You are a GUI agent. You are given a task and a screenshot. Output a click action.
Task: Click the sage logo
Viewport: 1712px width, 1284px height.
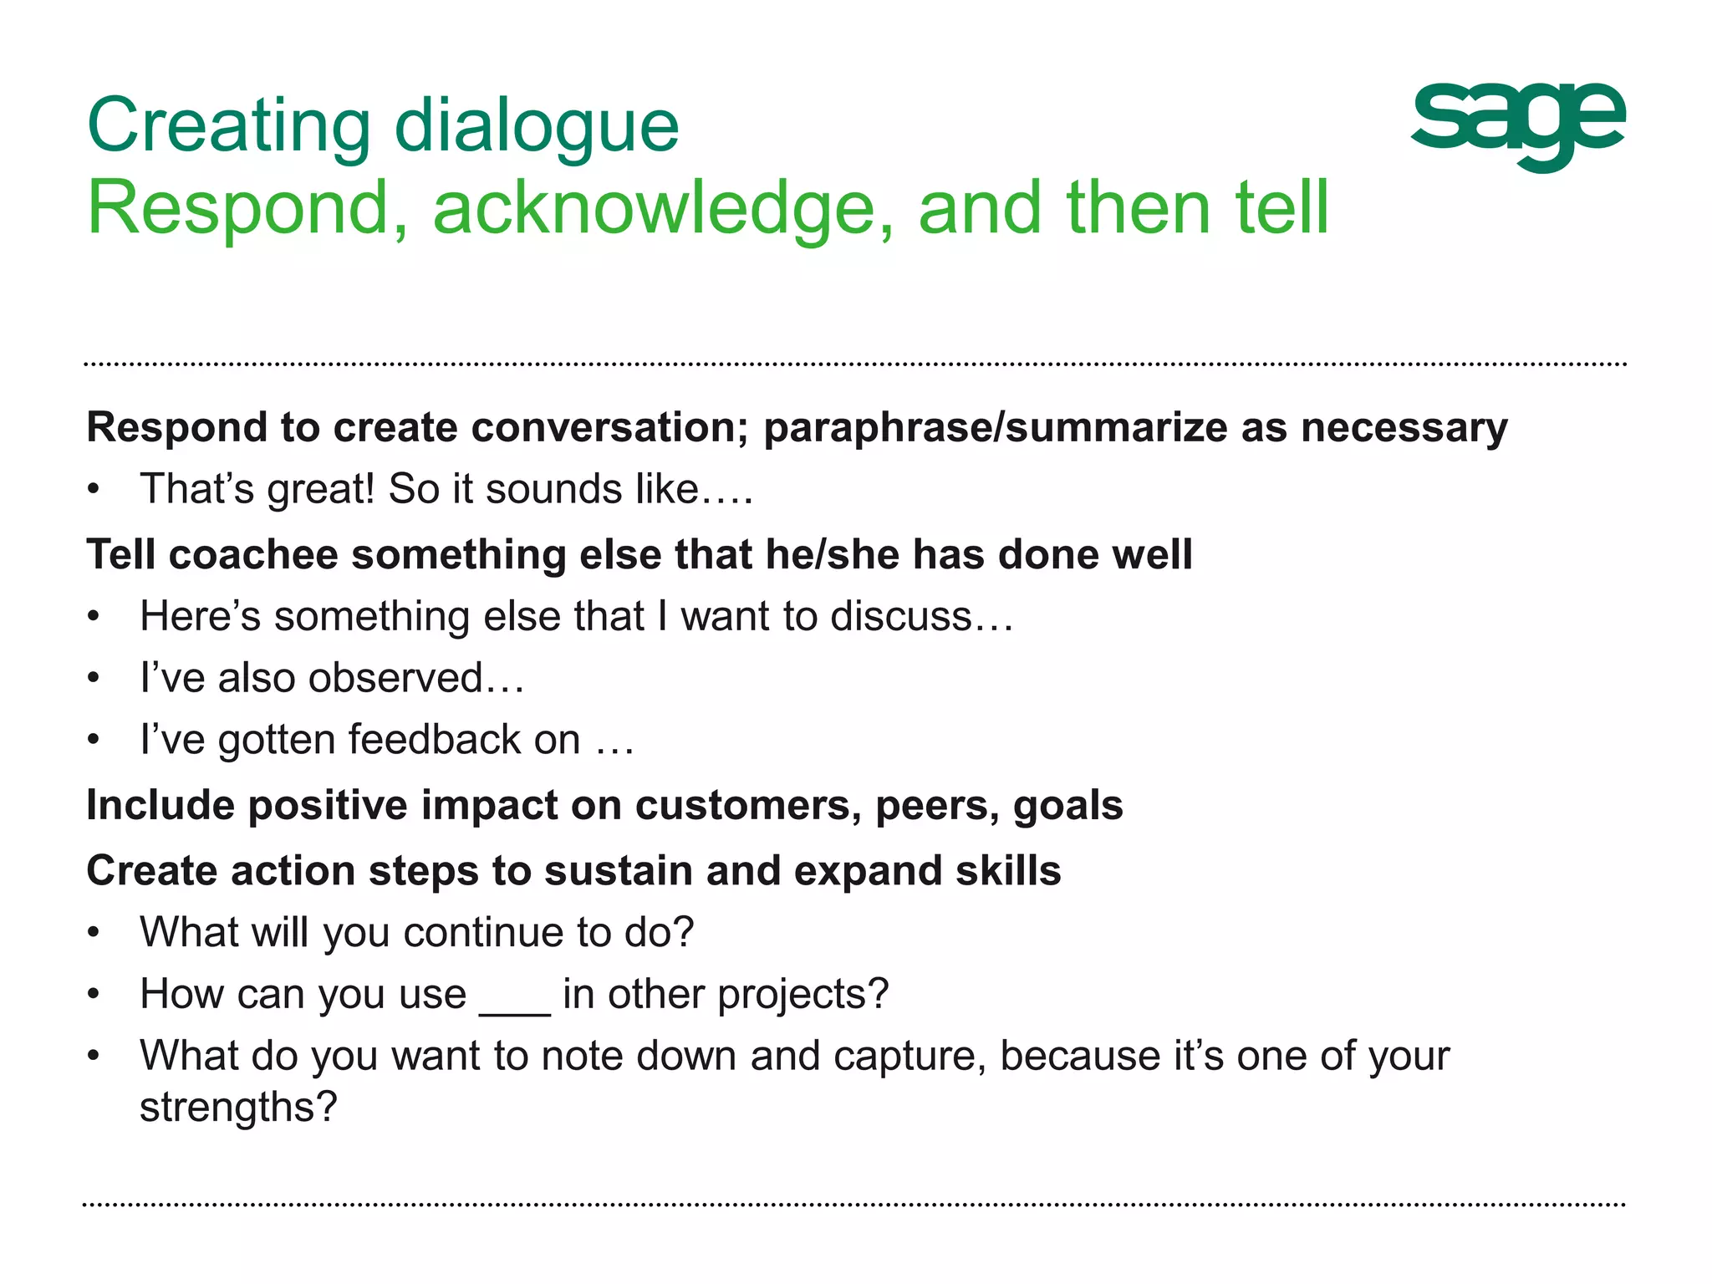pos(1517,125)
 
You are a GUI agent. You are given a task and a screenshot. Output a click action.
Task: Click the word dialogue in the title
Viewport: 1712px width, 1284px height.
pos(536,126)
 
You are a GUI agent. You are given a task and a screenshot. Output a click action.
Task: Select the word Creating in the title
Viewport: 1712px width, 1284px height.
pos(228,126)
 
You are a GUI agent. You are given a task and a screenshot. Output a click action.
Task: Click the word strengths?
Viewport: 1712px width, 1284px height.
pos(238,1108)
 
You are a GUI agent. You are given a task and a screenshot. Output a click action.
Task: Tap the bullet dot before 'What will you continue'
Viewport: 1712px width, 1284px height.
pos(94,933)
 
